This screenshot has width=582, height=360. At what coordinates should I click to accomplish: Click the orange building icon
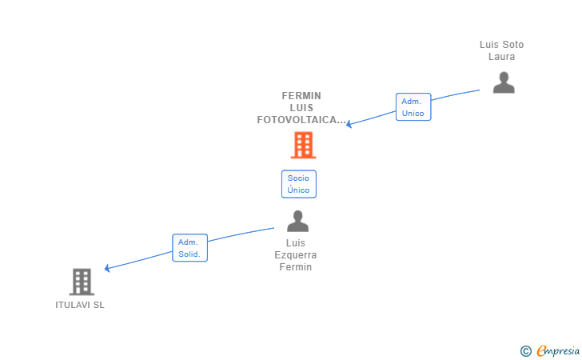point(303,146)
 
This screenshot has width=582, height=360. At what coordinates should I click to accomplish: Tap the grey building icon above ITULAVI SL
point(82,282)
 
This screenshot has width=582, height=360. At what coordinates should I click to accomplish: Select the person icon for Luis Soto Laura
point(504,82)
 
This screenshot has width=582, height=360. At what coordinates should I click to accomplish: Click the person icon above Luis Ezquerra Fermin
point(297,221)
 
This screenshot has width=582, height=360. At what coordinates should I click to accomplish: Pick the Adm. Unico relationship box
point(413,107)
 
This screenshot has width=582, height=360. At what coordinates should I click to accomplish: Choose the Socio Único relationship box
point(299,184)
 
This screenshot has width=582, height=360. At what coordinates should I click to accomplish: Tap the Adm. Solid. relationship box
point(189,248)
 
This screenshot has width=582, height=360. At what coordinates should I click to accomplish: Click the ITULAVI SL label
point(80,305)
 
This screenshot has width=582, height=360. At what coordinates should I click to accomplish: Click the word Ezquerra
point(296,255)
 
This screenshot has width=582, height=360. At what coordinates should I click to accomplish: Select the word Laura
point(501,57)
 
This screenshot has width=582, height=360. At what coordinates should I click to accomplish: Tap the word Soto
point(512,45)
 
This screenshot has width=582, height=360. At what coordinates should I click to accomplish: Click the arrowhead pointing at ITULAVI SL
point(107,268)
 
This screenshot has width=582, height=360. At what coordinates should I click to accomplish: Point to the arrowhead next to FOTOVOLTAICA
point(349,124)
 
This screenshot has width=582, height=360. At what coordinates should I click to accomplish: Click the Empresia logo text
point(558,350)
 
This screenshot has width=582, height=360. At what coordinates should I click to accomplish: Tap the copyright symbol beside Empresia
point(526,351)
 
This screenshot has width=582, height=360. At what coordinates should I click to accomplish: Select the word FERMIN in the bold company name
point(301,96)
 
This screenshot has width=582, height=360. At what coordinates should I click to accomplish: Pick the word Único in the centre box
point(298,190)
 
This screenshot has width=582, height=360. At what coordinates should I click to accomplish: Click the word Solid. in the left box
point(189,254)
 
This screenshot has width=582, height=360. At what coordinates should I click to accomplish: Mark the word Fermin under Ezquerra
point(296,267)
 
